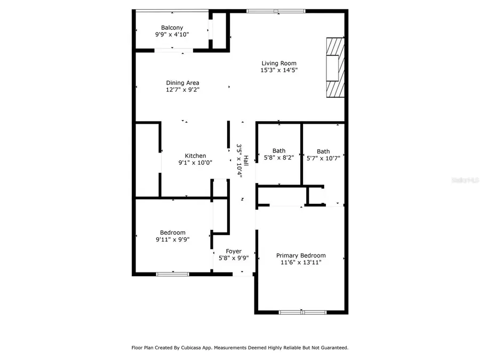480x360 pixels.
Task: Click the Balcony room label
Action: [172, 28]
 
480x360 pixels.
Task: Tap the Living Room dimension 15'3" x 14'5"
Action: [278, 70]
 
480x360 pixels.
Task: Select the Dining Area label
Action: [182, 83]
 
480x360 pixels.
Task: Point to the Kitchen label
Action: [195, 156]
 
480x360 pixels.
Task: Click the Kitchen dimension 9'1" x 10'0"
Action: [195, 163]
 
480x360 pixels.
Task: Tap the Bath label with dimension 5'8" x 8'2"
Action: [278, 151]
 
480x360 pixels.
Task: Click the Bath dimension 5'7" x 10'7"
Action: [323, 158]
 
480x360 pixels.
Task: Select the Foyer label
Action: [234, 251]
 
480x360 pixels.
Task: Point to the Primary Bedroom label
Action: [301, 255]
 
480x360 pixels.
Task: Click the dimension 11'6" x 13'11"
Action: [301, 262]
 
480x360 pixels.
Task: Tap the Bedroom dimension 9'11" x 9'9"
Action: [173, 239]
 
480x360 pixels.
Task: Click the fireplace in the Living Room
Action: [335, 68]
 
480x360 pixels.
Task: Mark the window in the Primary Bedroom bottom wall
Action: [302, 312]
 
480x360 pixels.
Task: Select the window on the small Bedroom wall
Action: [172, 274]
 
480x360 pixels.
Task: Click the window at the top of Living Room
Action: [276, 11]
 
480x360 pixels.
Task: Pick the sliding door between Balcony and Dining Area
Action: [173, 51]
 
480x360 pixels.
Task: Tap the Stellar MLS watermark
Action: [465, 181]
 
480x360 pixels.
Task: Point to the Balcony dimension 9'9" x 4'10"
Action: [172, 35]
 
